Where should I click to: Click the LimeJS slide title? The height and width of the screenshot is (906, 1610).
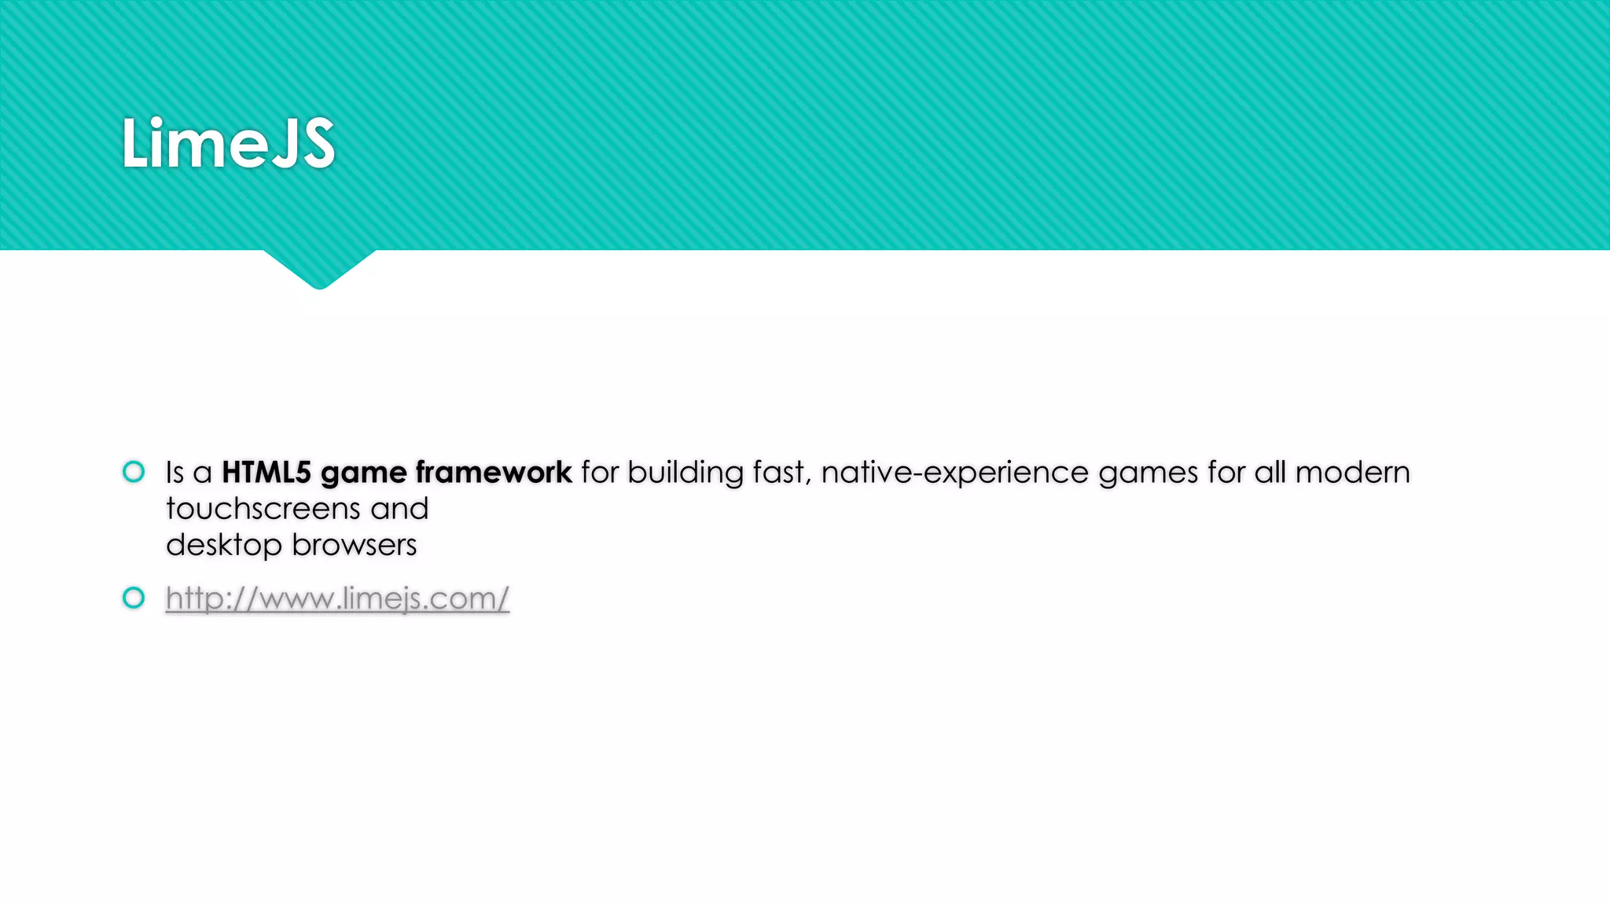(x=228, y=143)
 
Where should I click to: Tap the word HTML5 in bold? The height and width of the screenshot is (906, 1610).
(x=266, y=473)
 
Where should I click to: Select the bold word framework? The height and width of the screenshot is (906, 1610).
(x=494, y=473)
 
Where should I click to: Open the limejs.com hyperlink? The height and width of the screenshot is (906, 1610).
(x=337, y=598)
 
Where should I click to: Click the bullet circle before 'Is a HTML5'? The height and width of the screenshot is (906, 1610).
(x=134, y=472)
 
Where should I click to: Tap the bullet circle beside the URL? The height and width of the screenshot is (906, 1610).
(x=134, y=598)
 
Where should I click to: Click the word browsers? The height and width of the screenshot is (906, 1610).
(x=354, y=545)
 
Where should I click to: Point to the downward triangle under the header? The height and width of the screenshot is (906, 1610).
(x=319, y=267)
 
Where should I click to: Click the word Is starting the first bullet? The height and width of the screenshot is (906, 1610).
(x=175, y=473)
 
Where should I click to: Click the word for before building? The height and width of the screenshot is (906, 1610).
(x=600, y=473)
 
